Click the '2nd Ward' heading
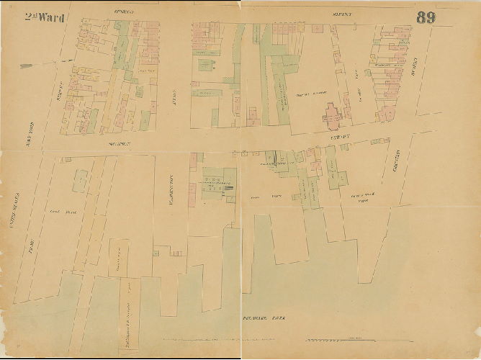(x=45, y=17)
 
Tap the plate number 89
(x=426, y=18)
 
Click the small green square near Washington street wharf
(x=154, y=253)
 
